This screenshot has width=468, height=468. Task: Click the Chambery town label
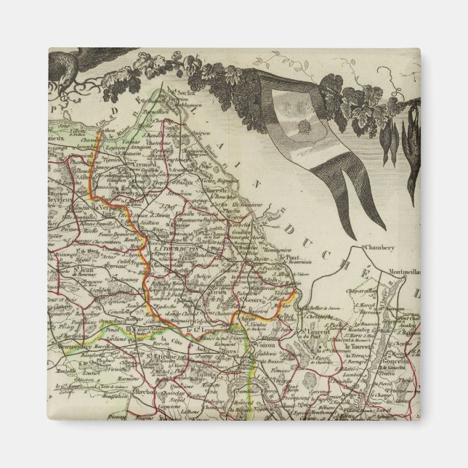pos(379,248)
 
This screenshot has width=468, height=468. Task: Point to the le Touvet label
pos(358,347)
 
